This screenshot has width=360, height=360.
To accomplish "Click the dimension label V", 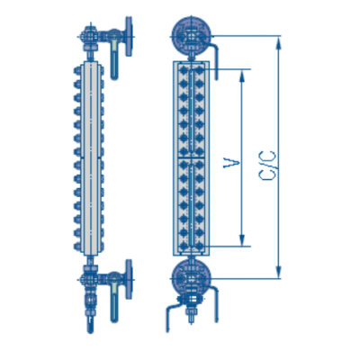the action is pyautogui.click(x=231, y=164).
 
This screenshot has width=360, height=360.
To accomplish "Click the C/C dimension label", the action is pyautogui.click(x=267, y=166).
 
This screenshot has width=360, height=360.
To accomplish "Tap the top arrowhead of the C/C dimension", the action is pyautogui.click(x=279, y=42).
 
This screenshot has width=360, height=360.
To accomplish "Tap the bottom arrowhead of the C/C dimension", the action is pyautogui.click(x=279, y=272).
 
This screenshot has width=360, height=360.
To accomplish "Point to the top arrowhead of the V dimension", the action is pyautogui.click(x=242, y=76).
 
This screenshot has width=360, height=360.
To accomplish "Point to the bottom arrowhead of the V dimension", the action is pyautogui.click(x=242, y=240).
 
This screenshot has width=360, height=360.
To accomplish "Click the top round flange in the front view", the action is pyautogui.click(x=191, y=35).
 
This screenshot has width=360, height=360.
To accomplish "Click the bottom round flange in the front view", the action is pyautogui.click(x=191, y=277).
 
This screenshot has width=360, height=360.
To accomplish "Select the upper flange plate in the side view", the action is pyautogui.click(x=129, y=36).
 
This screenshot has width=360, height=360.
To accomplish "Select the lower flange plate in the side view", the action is pyautogui.click(x=129, y=279).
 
